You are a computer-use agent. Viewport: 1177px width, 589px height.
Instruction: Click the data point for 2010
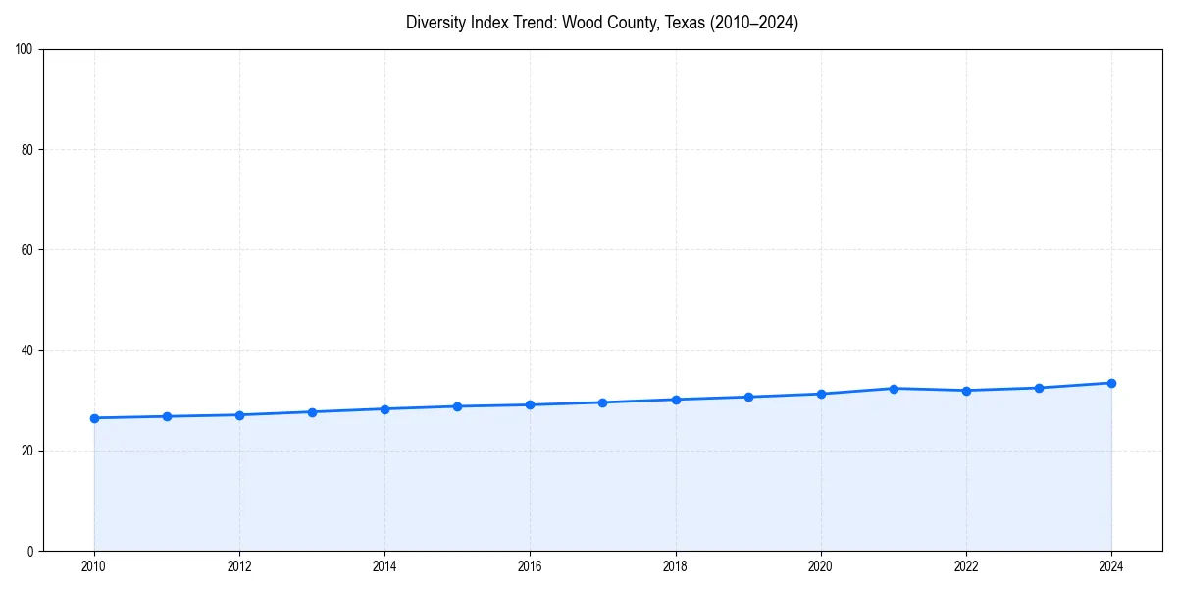[94, 418]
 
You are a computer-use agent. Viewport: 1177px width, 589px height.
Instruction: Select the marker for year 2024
[1111, 383]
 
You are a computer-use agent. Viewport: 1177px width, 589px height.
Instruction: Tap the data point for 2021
[894, 389]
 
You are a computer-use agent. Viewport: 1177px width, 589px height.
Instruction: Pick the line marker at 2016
[531, 404]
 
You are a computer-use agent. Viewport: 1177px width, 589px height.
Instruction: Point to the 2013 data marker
[312, 412]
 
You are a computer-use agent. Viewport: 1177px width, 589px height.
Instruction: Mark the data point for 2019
[748, 397]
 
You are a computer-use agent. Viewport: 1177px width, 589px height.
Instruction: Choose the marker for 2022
[966, 391]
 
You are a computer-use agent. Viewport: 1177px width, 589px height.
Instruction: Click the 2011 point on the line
[167, 416]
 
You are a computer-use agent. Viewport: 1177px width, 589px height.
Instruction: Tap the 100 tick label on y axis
[26, 50]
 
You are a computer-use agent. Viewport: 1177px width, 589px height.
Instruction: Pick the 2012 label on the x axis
[239, 566]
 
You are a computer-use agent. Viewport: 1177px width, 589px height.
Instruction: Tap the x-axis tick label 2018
[676, 566]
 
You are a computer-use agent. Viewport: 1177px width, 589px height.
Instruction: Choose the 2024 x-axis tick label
[1111, 566]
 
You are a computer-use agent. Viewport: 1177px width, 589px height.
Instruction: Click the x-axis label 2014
[384, 566]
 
